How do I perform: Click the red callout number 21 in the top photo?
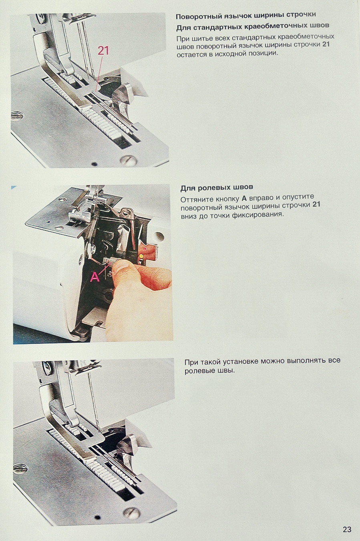pyautogui.click(x=103, y=51)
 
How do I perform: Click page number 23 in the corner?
pyautogui.click(x=347, y=529)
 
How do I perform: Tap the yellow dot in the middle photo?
pyautogui.click(x=141, y=255)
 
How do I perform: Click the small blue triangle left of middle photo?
pyautogui.click(x=14, y=187)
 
